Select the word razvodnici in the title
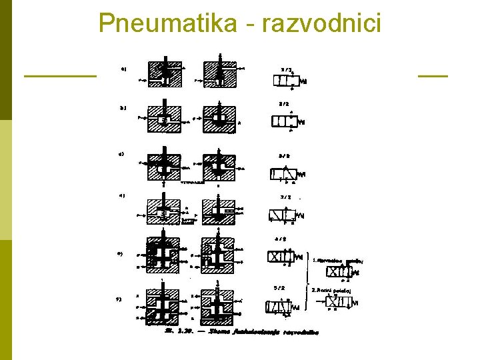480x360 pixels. click(x=322, y=23)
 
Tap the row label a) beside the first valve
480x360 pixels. click(x=123, y=68)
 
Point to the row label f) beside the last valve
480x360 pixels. click(x=119, y=299)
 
